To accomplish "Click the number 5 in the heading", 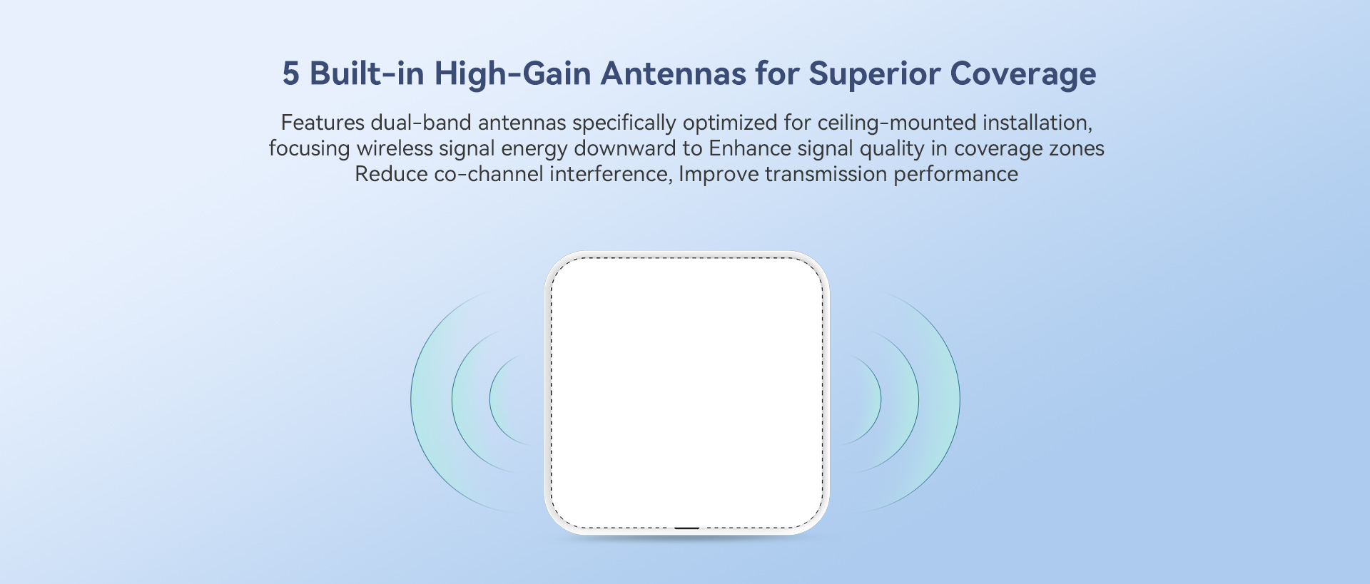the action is tap(290, 74).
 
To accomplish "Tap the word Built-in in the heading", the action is tap(367, 73).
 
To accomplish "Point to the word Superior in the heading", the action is tap(874, 74).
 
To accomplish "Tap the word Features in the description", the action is tap(323, 123).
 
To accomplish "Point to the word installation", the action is tap(1037, 123).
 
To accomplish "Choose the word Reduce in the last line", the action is tap(391, 174).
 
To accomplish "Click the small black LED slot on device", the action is tap(686, 528).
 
